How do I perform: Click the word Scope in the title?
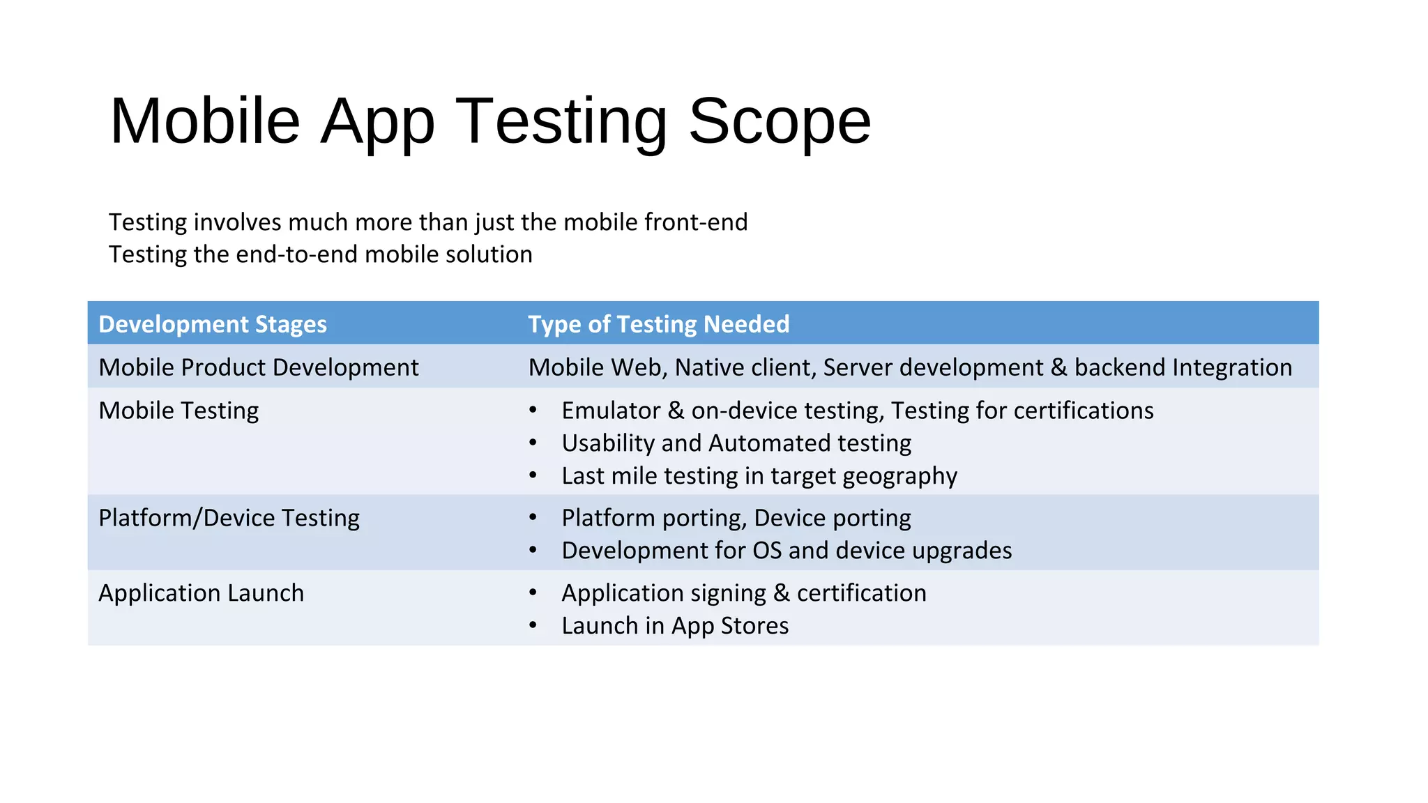point(780,121)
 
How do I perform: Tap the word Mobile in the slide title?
point(204,121)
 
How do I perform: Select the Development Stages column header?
point(213,324)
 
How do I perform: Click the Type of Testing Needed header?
point(658,324)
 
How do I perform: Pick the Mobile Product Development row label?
point(259,367)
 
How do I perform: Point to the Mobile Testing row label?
point(178,411)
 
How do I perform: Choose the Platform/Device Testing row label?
point(229,518)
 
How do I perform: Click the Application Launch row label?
point(201,593)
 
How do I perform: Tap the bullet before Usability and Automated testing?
point(533,443)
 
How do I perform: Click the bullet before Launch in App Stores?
point(533,626)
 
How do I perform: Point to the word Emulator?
point(611,411)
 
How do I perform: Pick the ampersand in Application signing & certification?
point(781,593)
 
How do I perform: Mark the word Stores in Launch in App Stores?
point(754,626)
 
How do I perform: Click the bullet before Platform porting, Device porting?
point(533,518)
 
